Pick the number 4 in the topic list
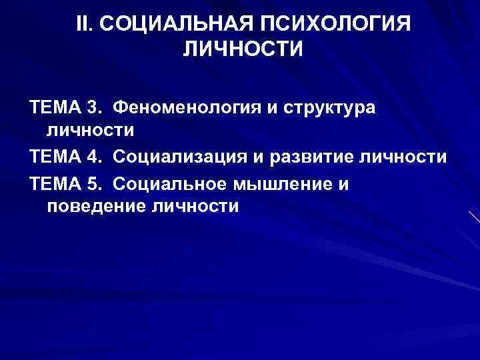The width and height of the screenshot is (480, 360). pos(92,157)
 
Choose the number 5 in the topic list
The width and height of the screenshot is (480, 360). pos(92,182)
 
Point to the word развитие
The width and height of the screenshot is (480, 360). pos(323,157)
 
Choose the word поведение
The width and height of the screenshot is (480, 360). pos(97,207)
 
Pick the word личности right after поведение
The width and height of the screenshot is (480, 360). pos(195,207)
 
